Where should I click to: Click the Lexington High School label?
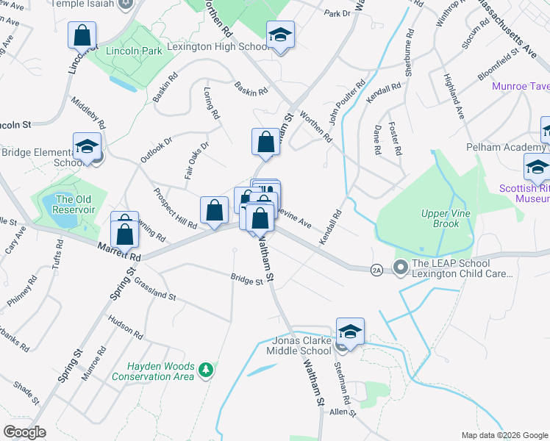click(220, 46)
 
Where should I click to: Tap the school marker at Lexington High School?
click(280, 36)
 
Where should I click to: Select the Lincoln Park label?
click(134, 51)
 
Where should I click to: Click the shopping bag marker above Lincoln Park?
click(82, 35)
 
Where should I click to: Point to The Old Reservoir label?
click(76, 204)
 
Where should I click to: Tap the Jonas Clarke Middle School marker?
click(351, 332)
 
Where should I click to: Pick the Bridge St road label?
click(246, 281)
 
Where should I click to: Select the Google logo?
click(24, 432)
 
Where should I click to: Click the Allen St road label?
click(342, 412)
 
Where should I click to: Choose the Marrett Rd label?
click(118, 251)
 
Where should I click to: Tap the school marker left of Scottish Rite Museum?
click(537, 168)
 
